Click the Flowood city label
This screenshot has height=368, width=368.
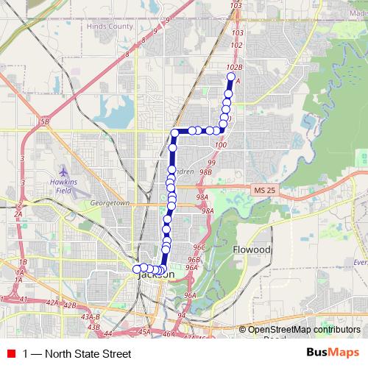click(252, 250)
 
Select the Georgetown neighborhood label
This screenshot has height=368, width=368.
click(110, 202)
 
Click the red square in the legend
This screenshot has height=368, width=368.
click(10, 354)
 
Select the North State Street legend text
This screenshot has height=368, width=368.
click(77, 354)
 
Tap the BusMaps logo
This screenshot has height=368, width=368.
click(333, 353)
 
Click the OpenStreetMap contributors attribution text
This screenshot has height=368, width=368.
click(304, 329)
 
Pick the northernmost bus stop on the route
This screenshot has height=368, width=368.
click(231, 77)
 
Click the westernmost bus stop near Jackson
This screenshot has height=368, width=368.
click(136, 269)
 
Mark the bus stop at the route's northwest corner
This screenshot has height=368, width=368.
click(175, 133)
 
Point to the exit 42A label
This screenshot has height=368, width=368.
click(52, 303)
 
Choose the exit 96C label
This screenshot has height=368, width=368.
click(197, 248)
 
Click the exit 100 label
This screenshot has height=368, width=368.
click(221, 145)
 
